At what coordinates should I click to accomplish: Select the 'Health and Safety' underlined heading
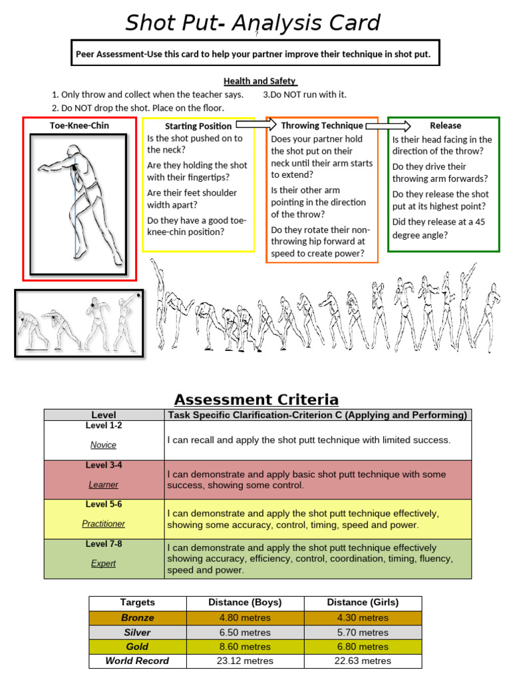259,81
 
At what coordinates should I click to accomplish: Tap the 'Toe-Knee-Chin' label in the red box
79,125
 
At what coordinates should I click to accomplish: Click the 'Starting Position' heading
198,126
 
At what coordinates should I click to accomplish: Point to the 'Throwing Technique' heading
322,125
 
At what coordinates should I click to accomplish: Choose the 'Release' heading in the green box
445,125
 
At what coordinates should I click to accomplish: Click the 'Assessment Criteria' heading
256,400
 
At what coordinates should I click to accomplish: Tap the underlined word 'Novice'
103,445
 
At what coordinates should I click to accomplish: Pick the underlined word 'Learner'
103,485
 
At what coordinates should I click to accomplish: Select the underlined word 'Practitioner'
103,524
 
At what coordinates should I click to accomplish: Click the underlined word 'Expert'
103,563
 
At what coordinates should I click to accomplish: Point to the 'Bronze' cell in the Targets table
137,617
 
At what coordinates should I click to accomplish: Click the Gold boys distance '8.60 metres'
245,647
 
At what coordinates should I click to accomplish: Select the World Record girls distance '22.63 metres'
363,661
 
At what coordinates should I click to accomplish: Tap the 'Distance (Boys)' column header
245,603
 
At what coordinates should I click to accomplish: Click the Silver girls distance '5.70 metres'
363,632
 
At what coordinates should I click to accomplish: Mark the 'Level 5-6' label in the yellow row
103,505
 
